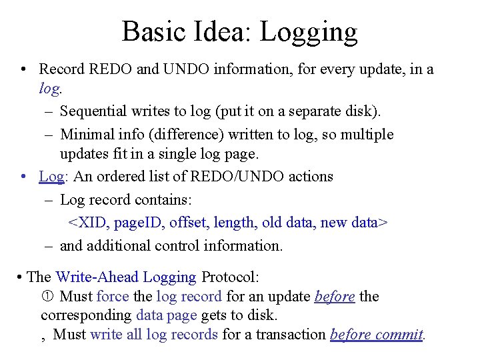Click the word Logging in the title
(309, 31)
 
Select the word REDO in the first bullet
(109, 69)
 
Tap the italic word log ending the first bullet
(49, 89)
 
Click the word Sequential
(99, 111)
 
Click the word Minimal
(86, 134)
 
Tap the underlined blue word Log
(51, 177)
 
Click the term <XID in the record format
(87, 222)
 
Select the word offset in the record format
(189, 222)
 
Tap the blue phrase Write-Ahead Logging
(126, 277)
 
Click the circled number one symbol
(47, 296)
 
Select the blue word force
(113, 296)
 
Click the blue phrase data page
(166, 315)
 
